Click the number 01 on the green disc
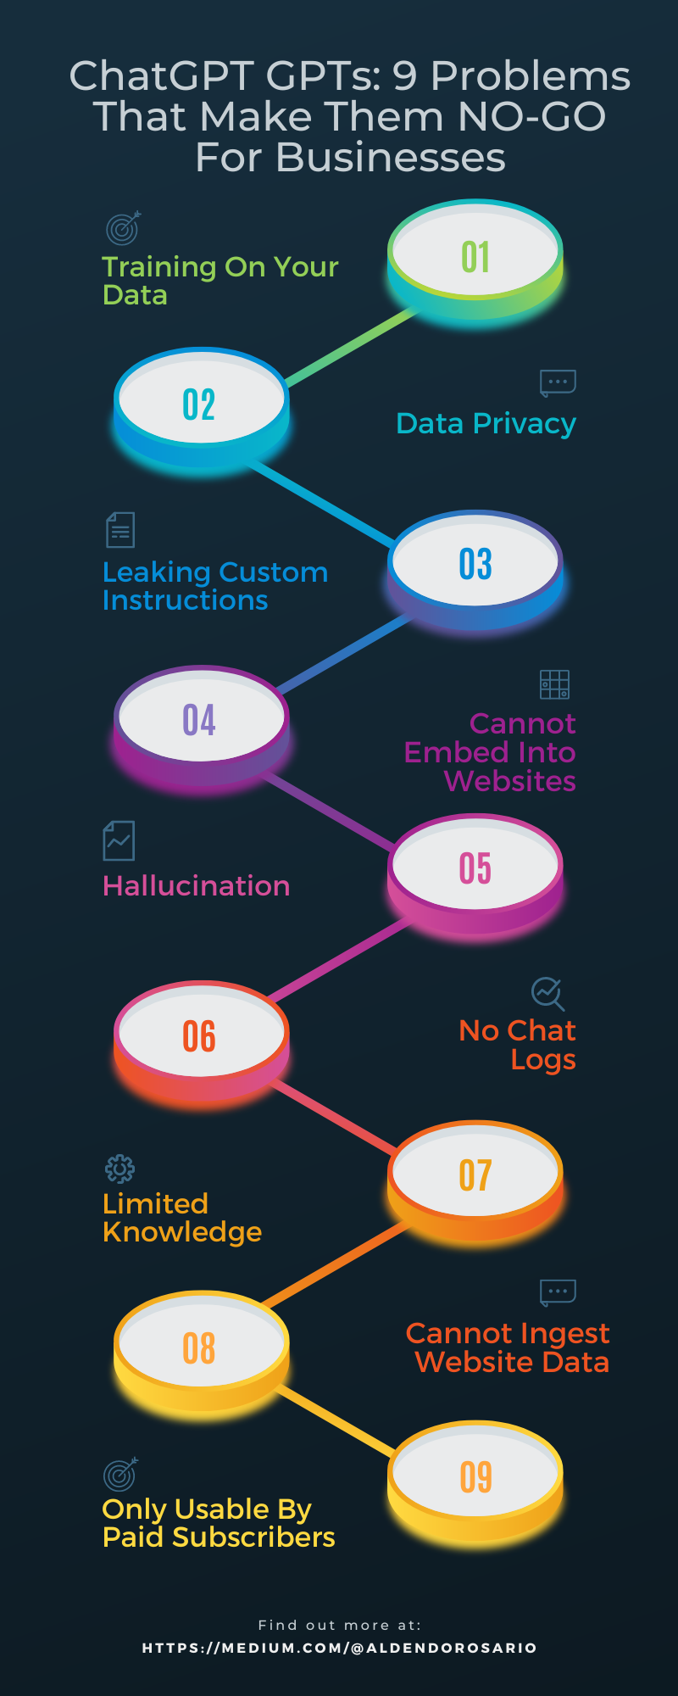pyautogui.click(x=475, y=257)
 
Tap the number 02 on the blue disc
pyautogui.click(x=199, y=404)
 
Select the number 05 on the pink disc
pyautogui.click(x=475, y=868)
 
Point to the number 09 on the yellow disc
pyautogui.click(x=475, y=1477)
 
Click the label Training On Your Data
pyautogui.click(x=220, y=281)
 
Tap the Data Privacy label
pyautogui.click(x=486, y=423)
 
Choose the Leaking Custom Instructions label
pyautogui.click(x=215, y=586)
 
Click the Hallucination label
pyautogui.click(x=196, y=885)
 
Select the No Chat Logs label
pyautogui.click(x=518, y=1045)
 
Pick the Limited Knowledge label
pyautogui.click(x=182, y=1218)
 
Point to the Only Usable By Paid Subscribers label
pyautogui.click(x=219, y=1523)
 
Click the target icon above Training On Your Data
pyautogui.click(x=123, y=228)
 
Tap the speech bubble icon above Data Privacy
pyautogui.click(x=558, y=383)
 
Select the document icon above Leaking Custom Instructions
pyautogui.click(x=120, y=530)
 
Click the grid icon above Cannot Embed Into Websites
pyautogui.click(x=554, y=684)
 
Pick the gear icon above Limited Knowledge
pyautogui.click(x=119, y=1169)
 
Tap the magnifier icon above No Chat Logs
pyautogui.click(x=547, y=993)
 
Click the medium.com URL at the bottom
pyautogui.click(x=339, y=1648)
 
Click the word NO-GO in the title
pyautogui.click(x=531, y=116)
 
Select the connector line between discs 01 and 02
pyautogui.click(x=352, y=348)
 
